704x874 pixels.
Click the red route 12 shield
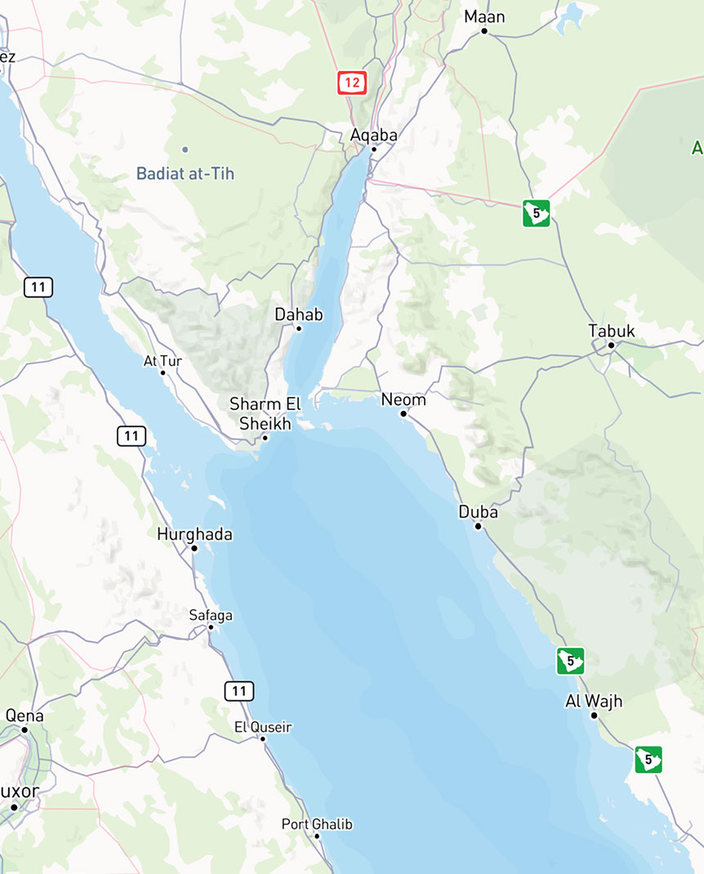click(352, 82)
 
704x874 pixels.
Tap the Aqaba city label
click(373, 135)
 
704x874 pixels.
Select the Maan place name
click(484, 16)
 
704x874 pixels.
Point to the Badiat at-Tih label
click(185, 173)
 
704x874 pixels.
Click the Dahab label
click(299, 314)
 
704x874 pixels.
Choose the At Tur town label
click(162, 360)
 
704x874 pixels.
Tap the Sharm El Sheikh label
click(265, 413)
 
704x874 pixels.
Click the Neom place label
click(403, 400)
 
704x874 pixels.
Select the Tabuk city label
click(611, 331)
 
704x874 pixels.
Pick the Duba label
click(478, 512)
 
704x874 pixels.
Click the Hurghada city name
click(194, 534)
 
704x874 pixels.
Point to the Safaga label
click(211, 615)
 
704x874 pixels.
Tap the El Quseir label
click(262, 727)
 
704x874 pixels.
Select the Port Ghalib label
click(317, 824)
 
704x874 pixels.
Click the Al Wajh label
click(594, 701)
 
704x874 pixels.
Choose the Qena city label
click(25, 716)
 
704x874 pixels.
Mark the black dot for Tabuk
click(611, 346)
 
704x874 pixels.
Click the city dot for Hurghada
click(194, 548)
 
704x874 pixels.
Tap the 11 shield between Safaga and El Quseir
click(238, 691)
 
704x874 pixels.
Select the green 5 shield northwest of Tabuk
click(536, 213)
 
